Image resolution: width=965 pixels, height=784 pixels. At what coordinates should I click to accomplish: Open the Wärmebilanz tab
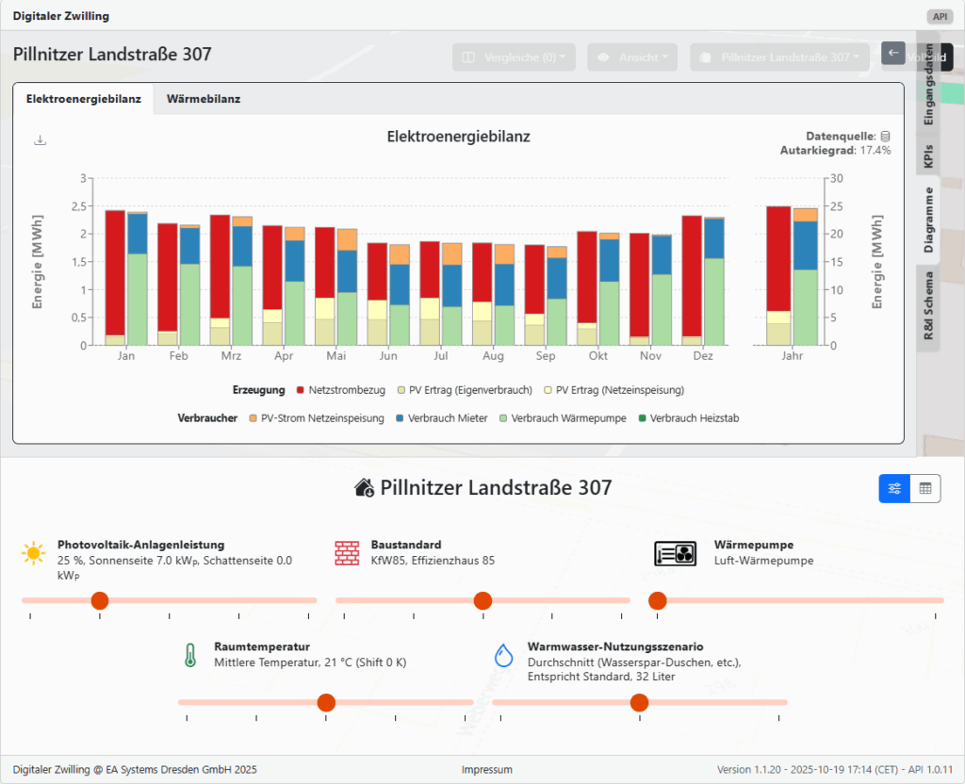pos(203,99)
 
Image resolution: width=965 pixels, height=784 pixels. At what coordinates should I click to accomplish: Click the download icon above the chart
pos(40,140)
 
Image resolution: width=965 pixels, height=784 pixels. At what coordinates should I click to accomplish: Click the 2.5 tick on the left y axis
pos(83,205)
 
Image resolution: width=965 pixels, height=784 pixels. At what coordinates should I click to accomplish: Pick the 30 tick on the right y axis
pos(837,178)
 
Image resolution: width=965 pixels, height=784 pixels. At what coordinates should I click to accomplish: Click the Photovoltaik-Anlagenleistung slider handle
pos(99,600)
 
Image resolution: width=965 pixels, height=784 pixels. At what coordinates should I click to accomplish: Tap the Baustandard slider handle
pos(482,600)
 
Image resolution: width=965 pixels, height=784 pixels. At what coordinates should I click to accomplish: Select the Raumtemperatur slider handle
pos(326,702)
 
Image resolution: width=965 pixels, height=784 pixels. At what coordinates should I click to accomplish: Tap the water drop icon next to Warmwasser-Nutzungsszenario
pos(505,655)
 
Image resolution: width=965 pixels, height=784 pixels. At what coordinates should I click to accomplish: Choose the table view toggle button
pos(924,488)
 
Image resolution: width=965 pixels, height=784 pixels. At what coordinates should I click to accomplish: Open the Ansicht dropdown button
pos(632,57)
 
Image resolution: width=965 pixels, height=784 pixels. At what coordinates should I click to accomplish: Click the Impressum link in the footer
pos(487,770)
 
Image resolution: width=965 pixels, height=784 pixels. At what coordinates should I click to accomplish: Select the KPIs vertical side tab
pos(928,156)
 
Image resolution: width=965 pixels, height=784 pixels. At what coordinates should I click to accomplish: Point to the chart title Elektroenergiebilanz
pos(458,137)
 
